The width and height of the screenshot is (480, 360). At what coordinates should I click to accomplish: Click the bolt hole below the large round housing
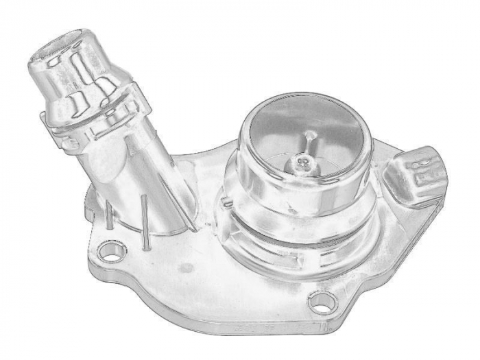(x=320, y=300)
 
